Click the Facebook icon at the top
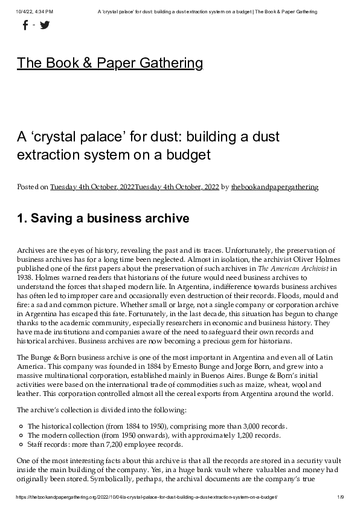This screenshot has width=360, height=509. (25, 25)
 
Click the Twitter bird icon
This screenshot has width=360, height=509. (45, 25)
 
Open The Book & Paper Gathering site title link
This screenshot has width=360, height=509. (110, 63)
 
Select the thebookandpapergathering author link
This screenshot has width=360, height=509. (274, 187)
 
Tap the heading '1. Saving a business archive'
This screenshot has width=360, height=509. (103, 218)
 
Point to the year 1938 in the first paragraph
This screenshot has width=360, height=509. (26, 277)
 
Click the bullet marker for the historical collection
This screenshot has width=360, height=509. (21, 426)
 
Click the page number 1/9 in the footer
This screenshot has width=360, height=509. (341, 497)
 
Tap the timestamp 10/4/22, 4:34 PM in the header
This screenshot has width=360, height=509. (35, 11)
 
